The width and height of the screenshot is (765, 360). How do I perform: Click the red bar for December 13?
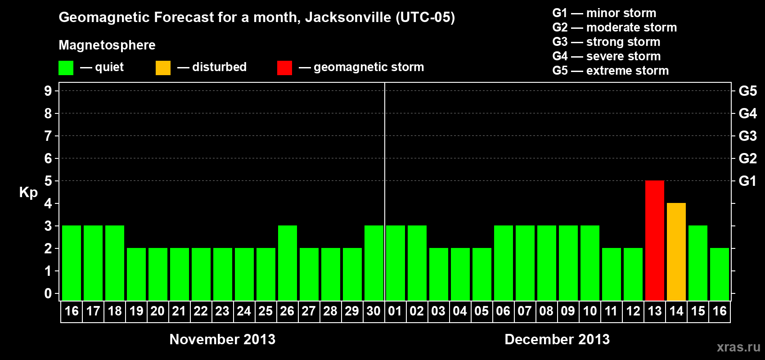click(x=654, y=240)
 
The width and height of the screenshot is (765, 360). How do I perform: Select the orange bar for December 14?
click(x=676, y=252)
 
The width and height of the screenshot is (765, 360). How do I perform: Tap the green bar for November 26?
click(x=287, y=263)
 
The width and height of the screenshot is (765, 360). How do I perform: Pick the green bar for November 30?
click(x=373, y=263)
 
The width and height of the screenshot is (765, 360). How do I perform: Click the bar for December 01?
click(x=395, y=263)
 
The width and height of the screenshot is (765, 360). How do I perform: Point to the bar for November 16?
click(x=71, y=263)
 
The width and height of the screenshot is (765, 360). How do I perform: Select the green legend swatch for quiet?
click(x=66, y=68)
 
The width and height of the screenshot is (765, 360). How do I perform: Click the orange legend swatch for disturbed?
click(x=163, y=68)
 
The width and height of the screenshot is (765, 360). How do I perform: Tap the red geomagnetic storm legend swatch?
click(x=284, y=68)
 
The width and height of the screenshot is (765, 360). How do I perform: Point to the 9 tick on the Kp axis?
click(x=48, y=91)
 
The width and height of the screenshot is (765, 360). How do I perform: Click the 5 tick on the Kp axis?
click(x=48, y=181)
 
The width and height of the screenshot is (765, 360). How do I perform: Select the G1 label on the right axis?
click(x=747, y=181)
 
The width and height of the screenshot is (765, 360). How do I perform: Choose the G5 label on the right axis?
click(x=747, y=91)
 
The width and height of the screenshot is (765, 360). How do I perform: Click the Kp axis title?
click(x=28, y=192)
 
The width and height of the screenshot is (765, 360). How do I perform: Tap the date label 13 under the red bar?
click(x=654, y=311)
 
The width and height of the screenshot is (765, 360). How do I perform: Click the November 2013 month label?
click(x=222, y=339)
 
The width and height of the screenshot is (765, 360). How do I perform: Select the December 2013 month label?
click(x=557, y=339)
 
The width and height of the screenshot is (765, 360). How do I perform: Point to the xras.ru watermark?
click(x=738, y=347)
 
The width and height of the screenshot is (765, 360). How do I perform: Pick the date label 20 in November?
click(x=157, y=311)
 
